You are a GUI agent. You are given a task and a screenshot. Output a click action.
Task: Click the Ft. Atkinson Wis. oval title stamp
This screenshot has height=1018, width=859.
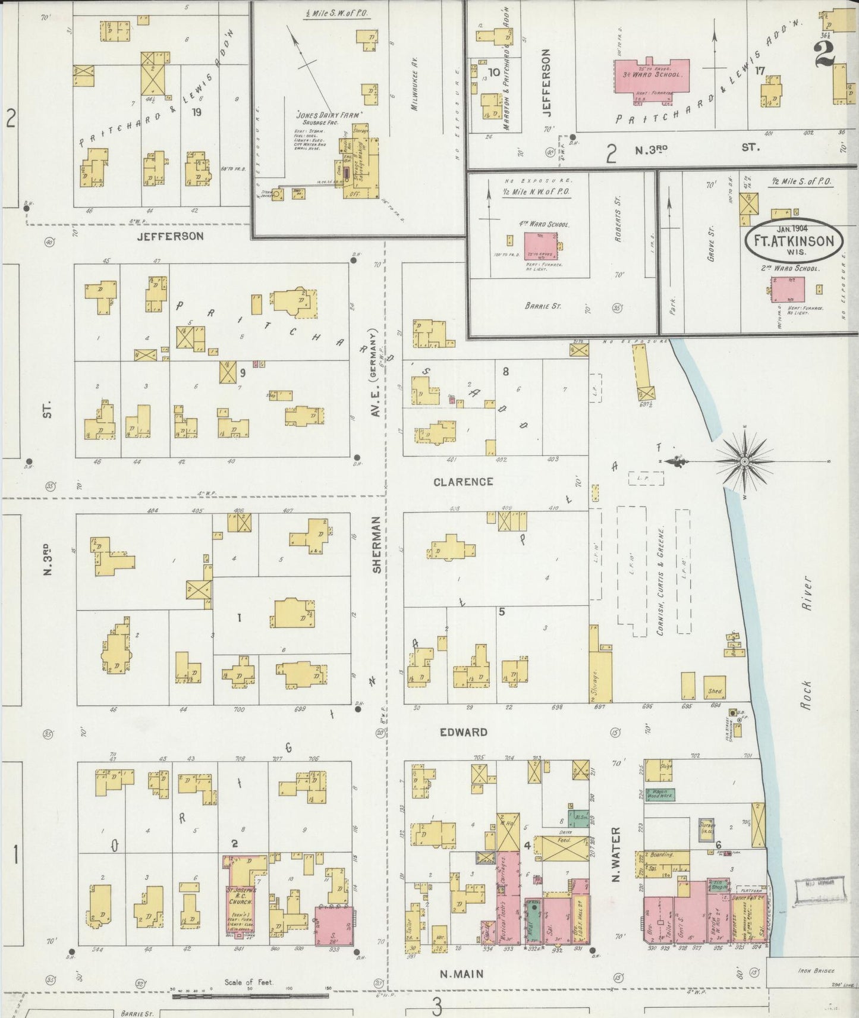794,241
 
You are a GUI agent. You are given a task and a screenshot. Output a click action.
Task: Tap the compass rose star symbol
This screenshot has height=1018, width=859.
745,461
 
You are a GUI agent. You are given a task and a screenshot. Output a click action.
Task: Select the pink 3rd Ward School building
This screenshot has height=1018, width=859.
652,76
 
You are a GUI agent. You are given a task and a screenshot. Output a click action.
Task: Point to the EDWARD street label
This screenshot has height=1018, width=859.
464,732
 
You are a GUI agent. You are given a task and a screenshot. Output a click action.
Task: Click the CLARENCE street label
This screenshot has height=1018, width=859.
462,482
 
